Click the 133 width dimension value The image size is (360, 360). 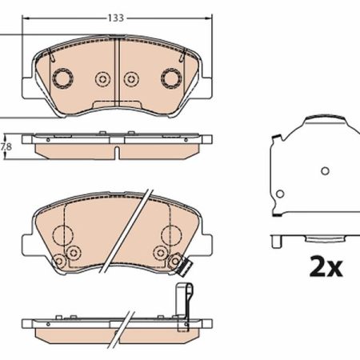pyautogui.click(x=116, y=18)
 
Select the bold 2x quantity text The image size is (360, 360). pyautogui.click(x=326, y=266)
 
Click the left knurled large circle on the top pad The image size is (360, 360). pyautogui.click(x=62, y=78)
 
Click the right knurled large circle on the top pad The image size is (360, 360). pyautogui.click(x=171, y=78)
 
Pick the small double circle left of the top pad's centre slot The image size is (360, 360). pyautogui.click(x=102, y=79)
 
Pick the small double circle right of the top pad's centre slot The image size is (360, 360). pyautogui.click(x=131, y=79)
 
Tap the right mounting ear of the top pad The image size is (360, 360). pyautogui.click(x=206, y=88)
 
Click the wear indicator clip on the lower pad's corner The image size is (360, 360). pyautogui.click(x=186, y=267)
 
